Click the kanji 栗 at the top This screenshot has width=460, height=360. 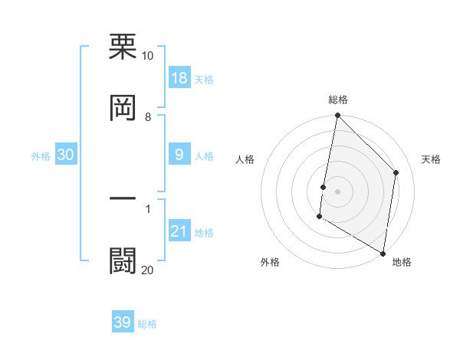123,47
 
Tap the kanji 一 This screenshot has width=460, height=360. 123,198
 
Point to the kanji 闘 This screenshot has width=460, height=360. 123,260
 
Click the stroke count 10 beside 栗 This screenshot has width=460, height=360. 147,56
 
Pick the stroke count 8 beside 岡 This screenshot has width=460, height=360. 148,117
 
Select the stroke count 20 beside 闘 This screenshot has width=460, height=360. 147,270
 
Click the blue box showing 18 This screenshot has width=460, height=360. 179,79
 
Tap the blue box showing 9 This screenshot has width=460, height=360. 179,155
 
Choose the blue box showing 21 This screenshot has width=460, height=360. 179,231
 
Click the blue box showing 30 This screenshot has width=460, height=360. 66,155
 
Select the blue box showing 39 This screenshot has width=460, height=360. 123,322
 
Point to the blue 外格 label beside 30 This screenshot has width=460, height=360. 41,156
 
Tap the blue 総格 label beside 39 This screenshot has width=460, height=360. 147,323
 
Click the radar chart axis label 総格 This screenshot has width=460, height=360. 338,100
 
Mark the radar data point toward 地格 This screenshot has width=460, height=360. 383,253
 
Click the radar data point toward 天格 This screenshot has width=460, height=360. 396,172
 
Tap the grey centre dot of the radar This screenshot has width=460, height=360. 337,191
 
